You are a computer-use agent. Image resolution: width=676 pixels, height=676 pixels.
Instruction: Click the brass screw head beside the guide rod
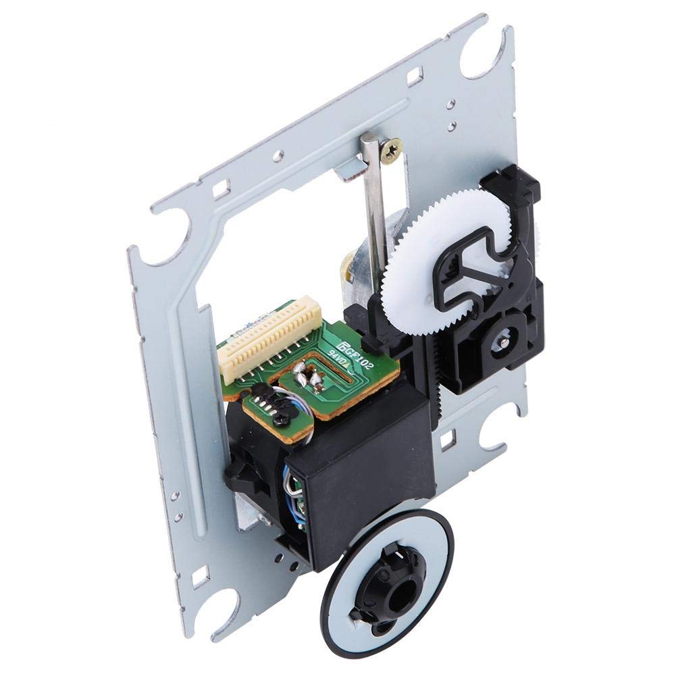[x=391, y=149]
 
